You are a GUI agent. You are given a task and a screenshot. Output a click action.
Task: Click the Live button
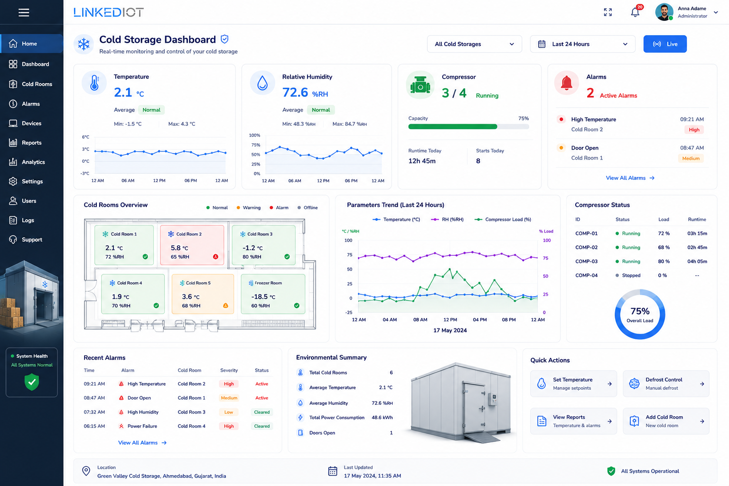coord(665,44)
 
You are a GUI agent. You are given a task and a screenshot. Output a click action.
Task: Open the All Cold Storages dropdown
coord(474,44)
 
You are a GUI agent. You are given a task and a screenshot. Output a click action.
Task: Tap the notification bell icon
coord(635,12)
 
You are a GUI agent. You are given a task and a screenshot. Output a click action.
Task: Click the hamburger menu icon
coord(24,12)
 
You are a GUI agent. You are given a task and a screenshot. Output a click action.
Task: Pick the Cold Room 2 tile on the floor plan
coord(192,245)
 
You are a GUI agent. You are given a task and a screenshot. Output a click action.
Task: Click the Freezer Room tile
coord(273,294)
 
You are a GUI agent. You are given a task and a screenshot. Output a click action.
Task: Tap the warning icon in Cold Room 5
coord(225,305)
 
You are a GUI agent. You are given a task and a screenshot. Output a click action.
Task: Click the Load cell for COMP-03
coord(664,261)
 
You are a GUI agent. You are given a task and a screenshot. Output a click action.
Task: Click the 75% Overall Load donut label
coord(640,315)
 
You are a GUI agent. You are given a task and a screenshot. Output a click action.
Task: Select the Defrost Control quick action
coord(666,383)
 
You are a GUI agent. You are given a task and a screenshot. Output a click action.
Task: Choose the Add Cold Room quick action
coord(666,421)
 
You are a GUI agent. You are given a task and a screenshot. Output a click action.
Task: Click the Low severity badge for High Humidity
coord(228,412)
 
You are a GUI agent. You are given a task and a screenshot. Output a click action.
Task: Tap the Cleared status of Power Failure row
coord(262,426)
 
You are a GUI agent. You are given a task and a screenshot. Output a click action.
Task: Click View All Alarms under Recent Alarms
coord(142,442)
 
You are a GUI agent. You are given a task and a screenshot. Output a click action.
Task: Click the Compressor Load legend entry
coord(503,219)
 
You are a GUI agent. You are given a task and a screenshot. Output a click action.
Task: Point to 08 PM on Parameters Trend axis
coord(509,320)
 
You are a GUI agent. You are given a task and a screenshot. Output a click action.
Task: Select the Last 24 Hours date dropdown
coord(582,44)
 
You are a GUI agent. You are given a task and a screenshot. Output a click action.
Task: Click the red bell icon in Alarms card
coord(567,83)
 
